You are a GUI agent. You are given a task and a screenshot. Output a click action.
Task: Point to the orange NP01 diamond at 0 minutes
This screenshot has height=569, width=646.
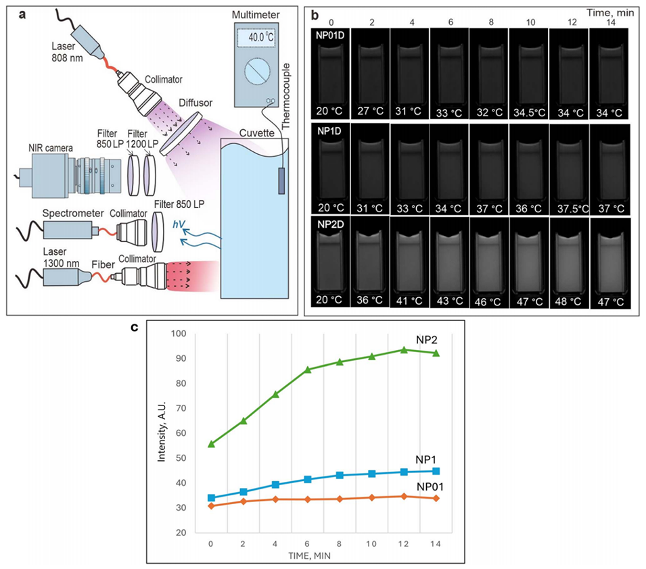(211, 505)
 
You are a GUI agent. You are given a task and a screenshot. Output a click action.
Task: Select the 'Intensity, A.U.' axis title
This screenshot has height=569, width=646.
(161, 432)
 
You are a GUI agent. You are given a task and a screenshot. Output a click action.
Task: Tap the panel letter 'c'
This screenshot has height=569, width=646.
(135, 328)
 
